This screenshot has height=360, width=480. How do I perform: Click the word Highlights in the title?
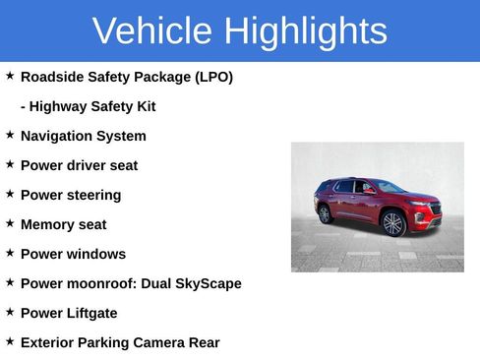coord(305,31)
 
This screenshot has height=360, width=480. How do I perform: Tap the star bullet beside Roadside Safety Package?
coord(10,76)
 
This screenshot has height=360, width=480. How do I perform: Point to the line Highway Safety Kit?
coord(88,106)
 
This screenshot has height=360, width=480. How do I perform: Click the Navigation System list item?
coord(83,136)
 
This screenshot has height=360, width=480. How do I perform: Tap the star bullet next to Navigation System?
coord(10,135)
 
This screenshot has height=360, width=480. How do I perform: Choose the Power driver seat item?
coord(79,165)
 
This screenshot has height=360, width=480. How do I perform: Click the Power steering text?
coord(71,195)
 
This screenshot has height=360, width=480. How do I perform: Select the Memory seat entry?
coord(63,224)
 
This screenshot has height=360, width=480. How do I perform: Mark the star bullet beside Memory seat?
coord(10,223)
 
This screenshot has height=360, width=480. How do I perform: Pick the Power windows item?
coord(73,254)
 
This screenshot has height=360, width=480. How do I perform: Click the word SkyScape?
coord(208,283)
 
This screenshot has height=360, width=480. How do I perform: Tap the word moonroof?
coord(100,283)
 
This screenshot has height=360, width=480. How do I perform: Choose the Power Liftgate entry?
coord(69,313)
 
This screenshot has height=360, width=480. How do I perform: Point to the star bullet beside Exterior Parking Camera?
coord(10,341)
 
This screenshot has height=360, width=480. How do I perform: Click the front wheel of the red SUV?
coord(393,223)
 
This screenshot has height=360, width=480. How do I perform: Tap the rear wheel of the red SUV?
coord(325,214)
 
